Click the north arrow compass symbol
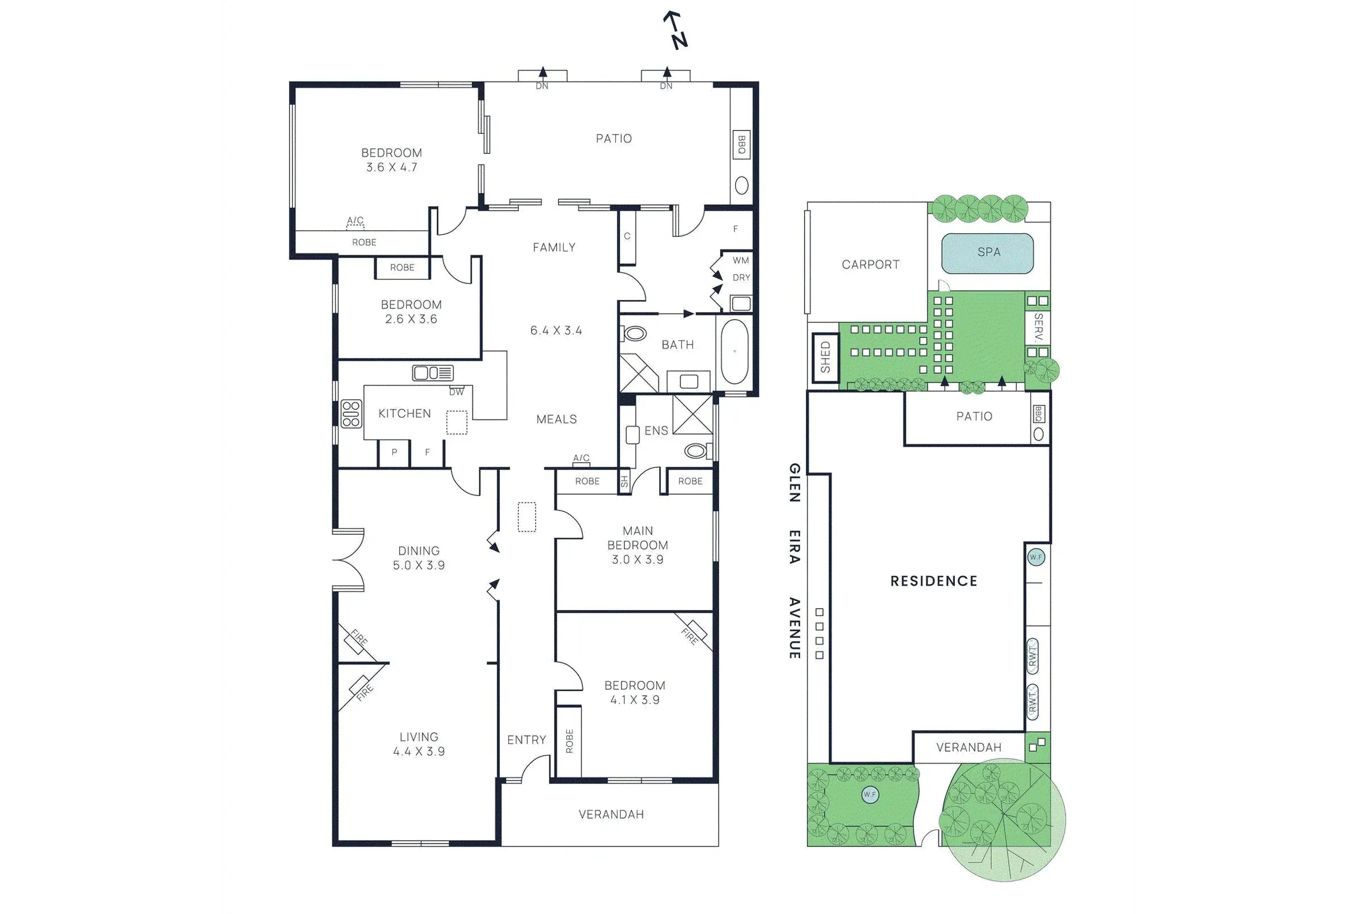676,31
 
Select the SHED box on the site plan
826,357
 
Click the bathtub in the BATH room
734,351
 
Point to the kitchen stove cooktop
351,414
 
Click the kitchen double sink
432,373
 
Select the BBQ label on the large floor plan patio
741,145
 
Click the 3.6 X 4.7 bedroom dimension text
391,167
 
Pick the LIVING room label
419,737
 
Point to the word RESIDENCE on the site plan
934,580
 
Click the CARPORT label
870,265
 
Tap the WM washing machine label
741,261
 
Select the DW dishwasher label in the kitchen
457,392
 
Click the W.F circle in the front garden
869,795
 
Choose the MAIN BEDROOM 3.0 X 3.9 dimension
637,560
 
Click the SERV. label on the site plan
1038,328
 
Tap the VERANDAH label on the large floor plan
611,814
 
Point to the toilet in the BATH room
634,334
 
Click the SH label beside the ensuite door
624,481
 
